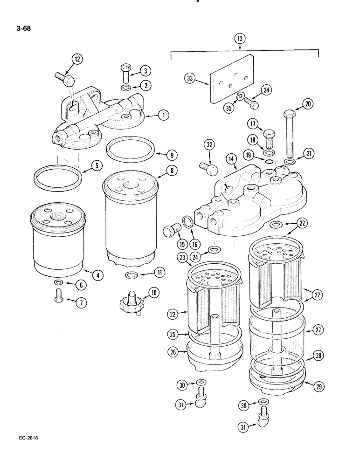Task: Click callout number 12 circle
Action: click(76, 59)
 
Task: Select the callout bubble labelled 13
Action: click(240, 38)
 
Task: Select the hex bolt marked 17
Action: click(270, 137)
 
